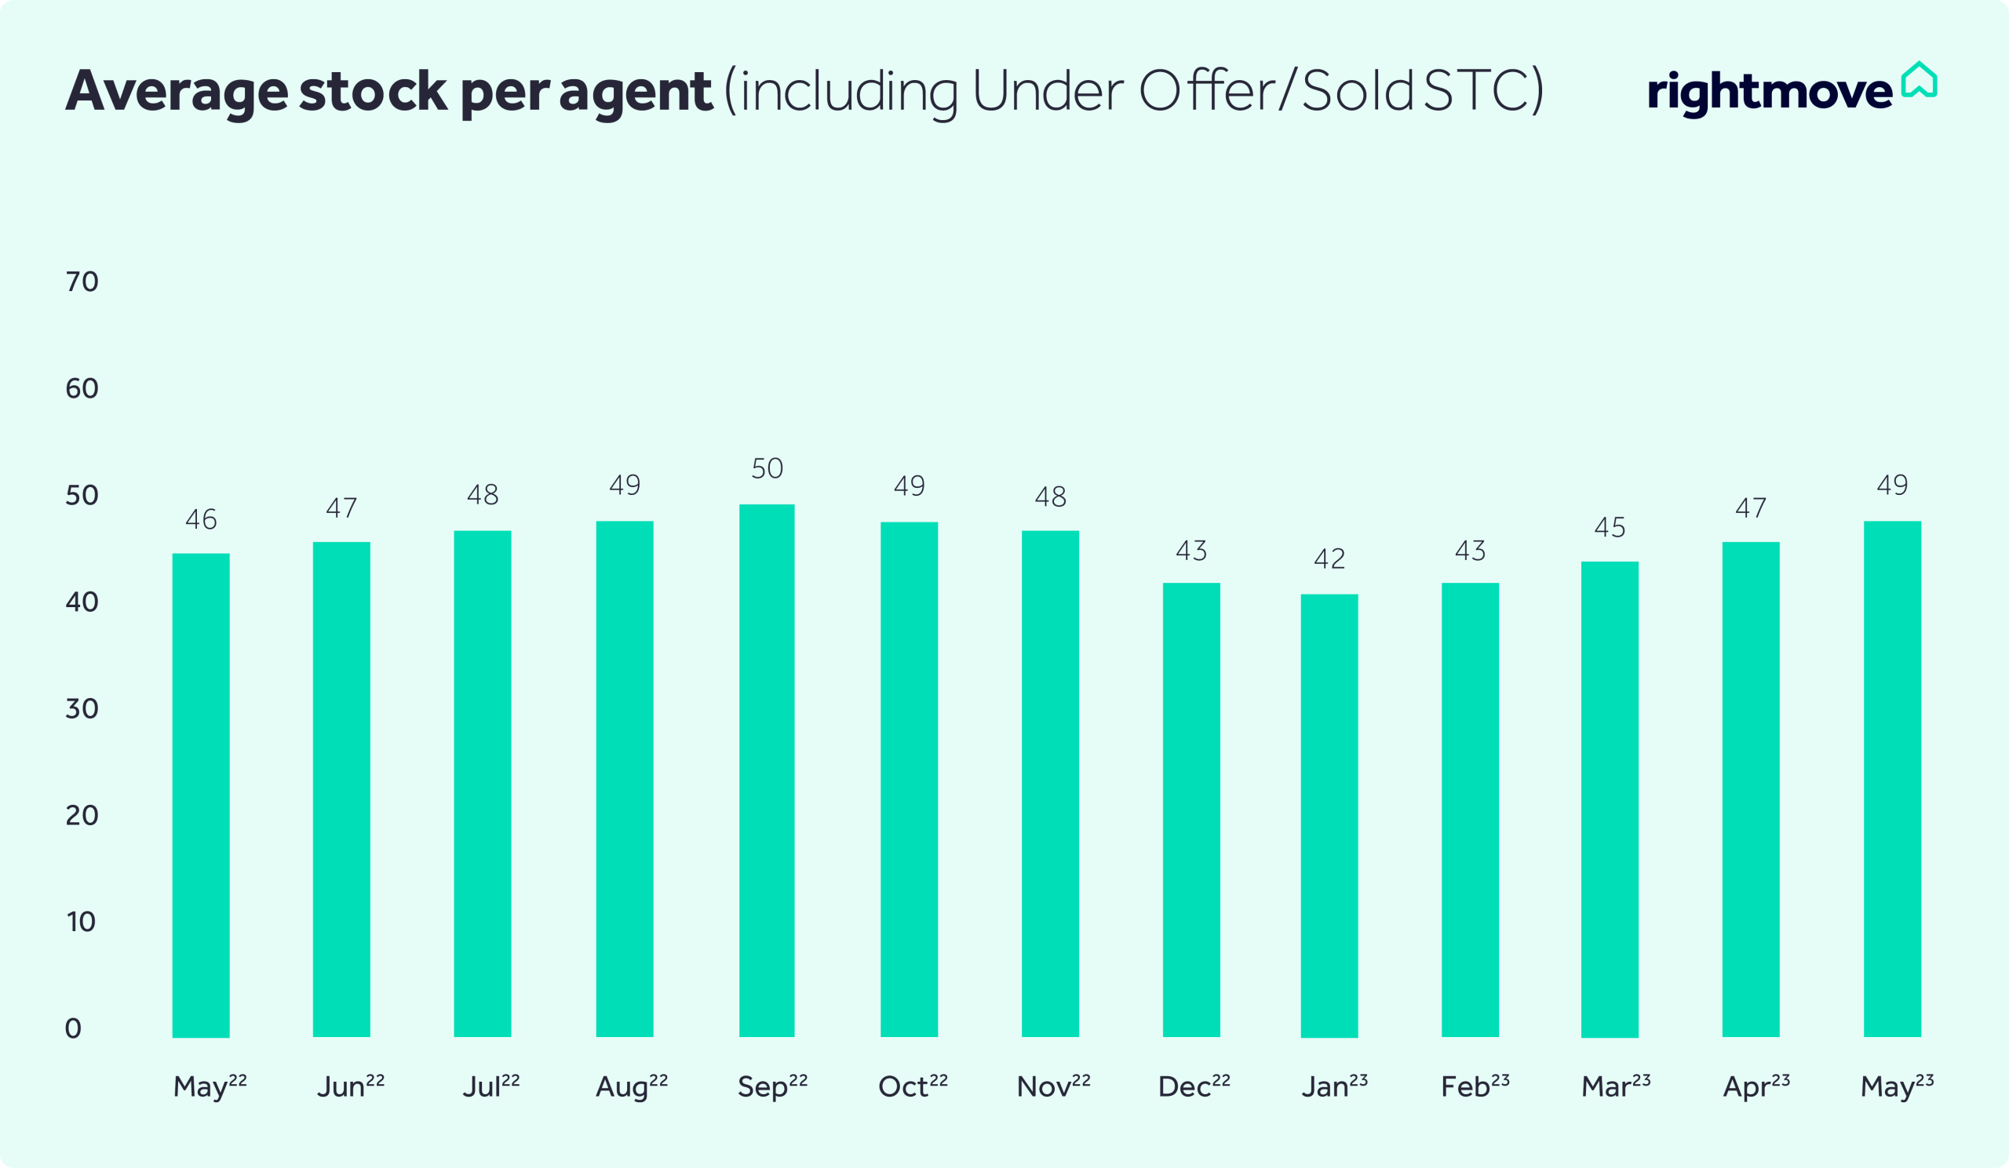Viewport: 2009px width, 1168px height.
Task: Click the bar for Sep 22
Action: (766, 770)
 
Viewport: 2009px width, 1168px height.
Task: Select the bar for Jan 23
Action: (1329, 815)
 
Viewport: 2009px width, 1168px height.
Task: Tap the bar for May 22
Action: (201, 795)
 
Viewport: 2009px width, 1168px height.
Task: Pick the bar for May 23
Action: (1892, 778)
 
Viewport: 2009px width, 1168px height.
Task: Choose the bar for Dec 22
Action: (1191, 810)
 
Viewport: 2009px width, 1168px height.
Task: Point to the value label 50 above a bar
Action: (767, 468)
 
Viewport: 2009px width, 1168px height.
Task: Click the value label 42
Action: (1329, 559)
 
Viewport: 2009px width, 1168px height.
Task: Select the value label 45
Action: (1610, 527)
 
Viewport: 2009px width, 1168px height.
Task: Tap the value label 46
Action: (201, 519)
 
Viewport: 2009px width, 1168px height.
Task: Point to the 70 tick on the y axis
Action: (82, 282)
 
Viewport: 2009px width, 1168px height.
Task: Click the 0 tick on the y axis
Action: (72, 1028)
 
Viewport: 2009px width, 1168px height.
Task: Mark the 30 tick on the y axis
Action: (82, 708)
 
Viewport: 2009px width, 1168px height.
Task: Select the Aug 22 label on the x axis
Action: (632, 1086)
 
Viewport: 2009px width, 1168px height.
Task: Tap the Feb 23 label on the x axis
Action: (1475, 1086)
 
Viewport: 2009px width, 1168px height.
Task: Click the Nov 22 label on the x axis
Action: (1053, 1086)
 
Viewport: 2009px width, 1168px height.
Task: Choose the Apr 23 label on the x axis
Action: (1756, 1086)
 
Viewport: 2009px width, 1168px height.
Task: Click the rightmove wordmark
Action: (1769, 93)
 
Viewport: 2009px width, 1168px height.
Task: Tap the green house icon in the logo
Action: (1919, 80)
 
